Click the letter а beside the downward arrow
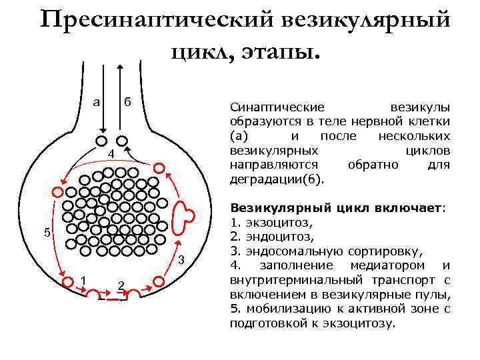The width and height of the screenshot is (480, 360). point(97,102)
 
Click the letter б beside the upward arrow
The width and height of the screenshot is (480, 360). point(128,102)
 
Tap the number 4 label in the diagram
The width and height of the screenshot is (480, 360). point(112,155)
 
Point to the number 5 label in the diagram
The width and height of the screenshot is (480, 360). point(46,233)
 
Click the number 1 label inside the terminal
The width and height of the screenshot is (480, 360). point(83,279)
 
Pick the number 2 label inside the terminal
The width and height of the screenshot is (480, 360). point(121,285)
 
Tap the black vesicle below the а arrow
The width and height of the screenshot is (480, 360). point(102,141)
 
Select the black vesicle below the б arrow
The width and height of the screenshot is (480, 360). point(122,141)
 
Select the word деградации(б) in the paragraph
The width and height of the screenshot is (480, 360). point(276,179)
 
